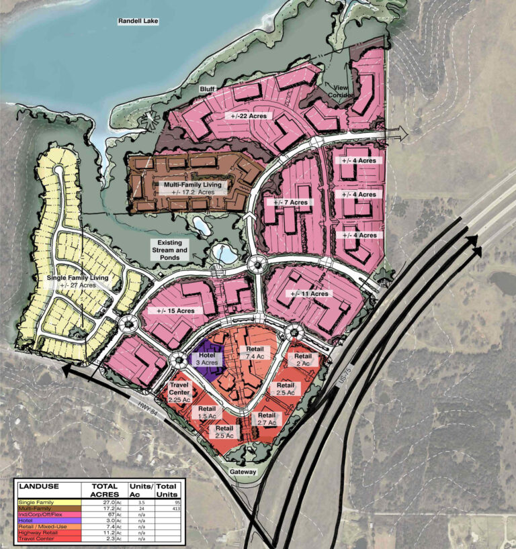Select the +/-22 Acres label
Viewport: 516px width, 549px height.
tap(247, 116)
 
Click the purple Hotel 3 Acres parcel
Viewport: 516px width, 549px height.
tap(208, 358)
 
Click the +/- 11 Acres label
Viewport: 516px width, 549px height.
tap(310, 294)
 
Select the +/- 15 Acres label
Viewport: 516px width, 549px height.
tap(176, 311)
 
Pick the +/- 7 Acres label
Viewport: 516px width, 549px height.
tap(290, 202)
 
